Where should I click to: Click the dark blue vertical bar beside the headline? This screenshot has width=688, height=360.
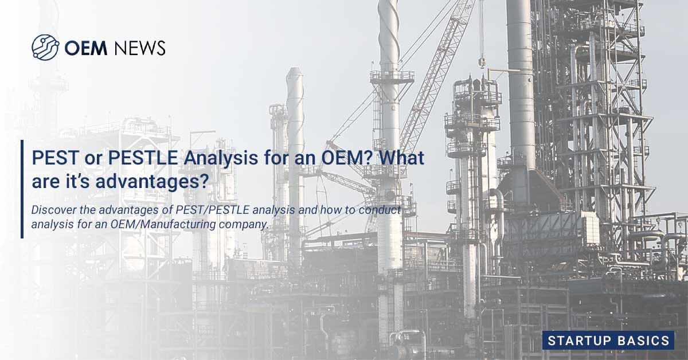(x=22, y=189)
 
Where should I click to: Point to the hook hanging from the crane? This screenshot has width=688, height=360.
(x=482, y=61)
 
